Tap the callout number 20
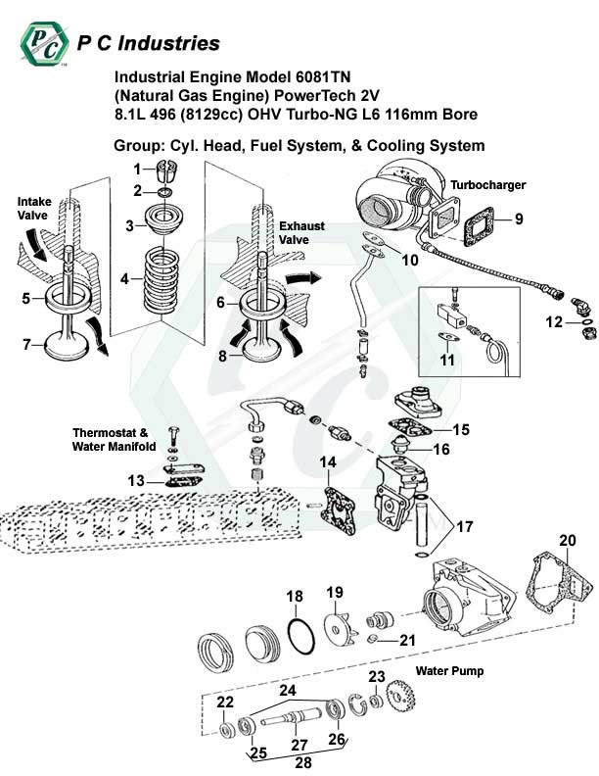[568, 541]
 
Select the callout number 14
[327, 462]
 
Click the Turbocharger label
[487, 184]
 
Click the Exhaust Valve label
[301, 232]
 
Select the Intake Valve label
[33, 208]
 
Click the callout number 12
[553, 321]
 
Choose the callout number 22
[224, 702]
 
